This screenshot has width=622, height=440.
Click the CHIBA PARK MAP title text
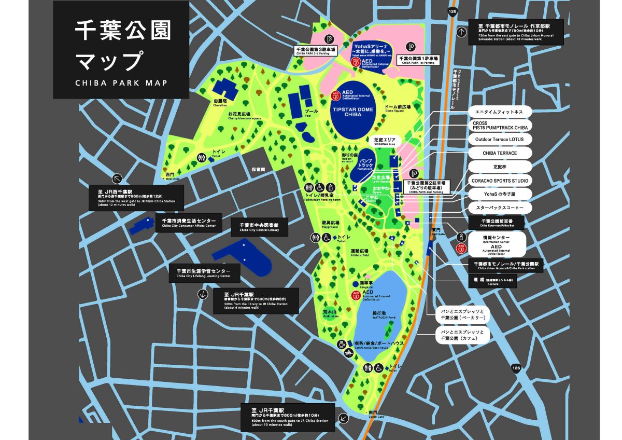click(121, 82)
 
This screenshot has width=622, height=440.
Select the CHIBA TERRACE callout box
click(500, 153)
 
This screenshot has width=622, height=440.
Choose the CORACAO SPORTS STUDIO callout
click(500, 181)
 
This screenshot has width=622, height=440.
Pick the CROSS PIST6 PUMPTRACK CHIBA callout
click(500, 126)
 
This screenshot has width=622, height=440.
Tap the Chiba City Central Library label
click(259, 227)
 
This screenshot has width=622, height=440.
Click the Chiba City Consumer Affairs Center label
click(188, 223)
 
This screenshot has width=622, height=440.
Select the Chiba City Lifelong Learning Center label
click(203, 273)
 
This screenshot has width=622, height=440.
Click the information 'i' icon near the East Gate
click(461, 237)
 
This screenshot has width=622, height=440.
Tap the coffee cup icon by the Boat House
click(342, 344)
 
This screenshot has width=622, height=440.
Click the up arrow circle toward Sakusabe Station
click(461, 32)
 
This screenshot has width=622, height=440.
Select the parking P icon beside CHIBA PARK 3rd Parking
click(329, 39)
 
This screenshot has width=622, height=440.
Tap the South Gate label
click(376, 414)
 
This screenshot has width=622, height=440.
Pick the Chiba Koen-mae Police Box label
click(496, 223)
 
